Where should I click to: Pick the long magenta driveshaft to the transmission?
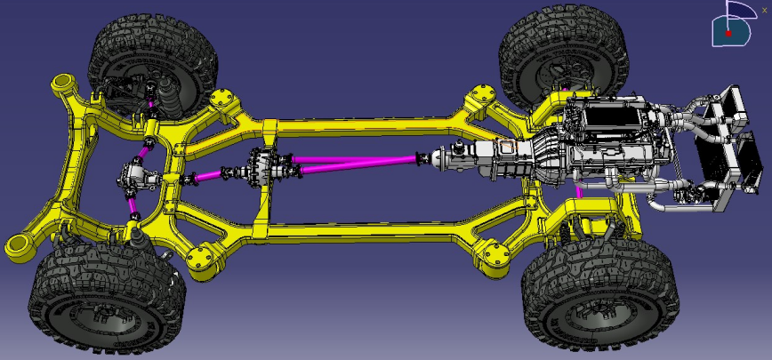pyautogui.click(x=356, y=162)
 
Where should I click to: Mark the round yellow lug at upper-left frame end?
pyautogui.click(x=63, y=84)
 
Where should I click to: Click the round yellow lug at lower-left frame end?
pyautogui.click(x=17, y=245)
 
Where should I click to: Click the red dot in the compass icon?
pyautogui.click(x=728, y=33)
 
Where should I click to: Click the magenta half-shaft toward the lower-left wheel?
pyautogui.click(x=133, y=207)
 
